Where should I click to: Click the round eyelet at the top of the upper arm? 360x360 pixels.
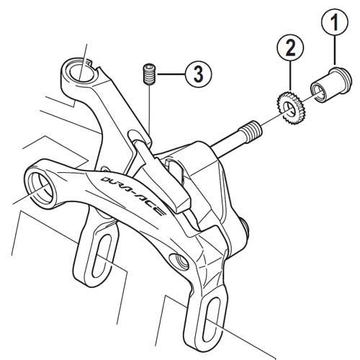point(78,72)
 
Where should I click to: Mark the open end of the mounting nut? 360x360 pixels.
point(317,91)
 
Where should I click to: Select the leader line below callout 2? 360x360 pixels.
point(289,79)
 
